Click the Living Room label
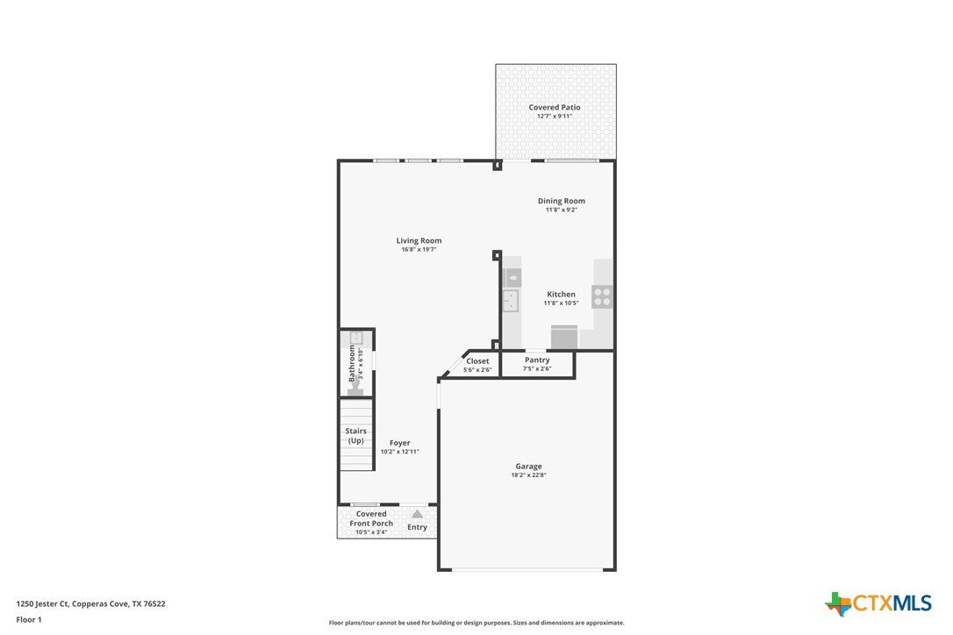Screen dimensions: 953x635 click(x=419, y=240)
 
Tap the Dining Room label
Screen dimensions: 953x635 click(x=561, y=201)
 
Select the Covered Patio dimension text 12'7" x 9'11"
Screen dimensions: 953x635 click(x=555, y=116)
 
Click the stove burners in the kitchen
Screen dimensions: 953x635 click(x=602, y=297)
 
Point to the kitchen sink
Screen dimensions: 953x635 click(x=511, y=300)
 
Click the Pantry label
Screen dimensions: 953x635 click(x=537, y=360)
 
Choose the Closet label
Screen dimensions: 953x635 click(x=477, y=361)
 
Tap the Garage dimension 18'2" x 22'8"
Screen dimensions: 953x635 click(x=529, y=475)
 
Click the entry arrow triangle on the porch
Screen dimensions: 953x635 click(x=417, y=514)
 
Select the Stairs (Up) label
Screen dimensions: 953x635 click(x=356, y=436)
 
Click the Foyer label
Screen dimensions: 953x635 click(x=400, y=443)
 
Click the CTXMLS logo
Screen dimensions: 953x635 click(x=878, y=603)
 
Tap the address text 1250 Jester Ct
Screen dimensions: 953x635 click(x=42, y=604)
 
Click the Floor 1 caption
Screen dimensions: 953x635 click(x=29, y=620)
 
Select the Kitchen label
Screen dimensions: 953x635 click(x=561, y=294)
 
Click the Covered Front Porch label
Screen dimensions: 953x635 click(x=371, y=518)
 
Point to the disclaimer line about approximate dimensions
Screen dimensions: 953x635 click(x=476, y=623)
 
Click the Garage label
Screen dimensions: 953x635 click(x=529, y=467)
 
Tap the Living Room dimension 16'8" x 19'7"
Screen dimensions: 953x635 click(x=419, y=250)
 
